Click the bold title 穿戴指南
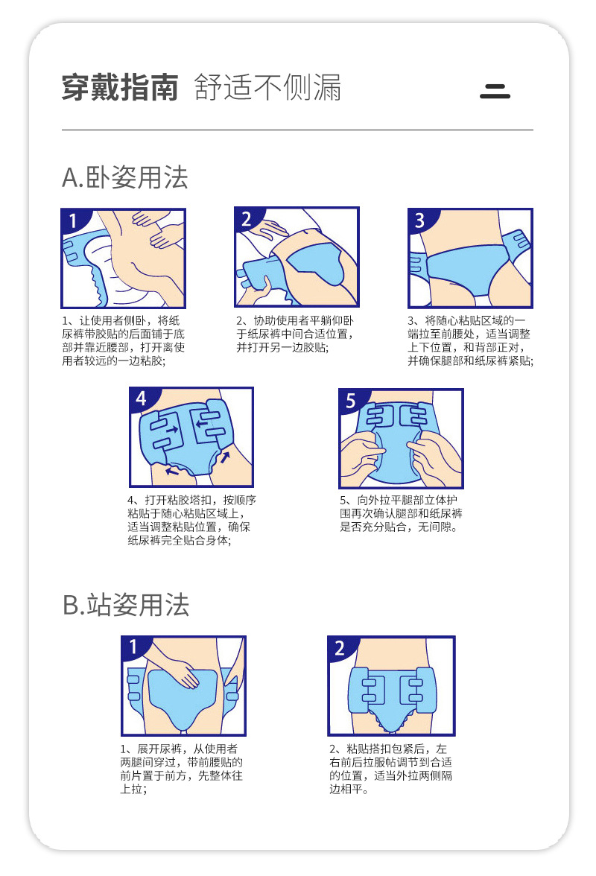pos(120,88)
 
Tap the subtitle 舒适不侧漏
pos(267,88)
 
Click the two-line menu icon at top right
pos(495,92)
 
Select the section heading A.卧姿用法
pos(124,177)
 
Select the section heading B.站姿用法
pos(125,605)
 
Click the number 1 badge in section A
pos(73,220)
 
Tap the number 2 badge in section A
pos(247,219)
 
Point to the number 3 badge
pos(419,220)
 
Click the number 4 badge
pos(142,399)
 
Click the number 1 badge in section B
pos(133,647)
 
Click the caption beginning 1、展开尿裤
pos(183,769)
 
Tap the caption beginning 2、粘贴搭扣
pos(390,769)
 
